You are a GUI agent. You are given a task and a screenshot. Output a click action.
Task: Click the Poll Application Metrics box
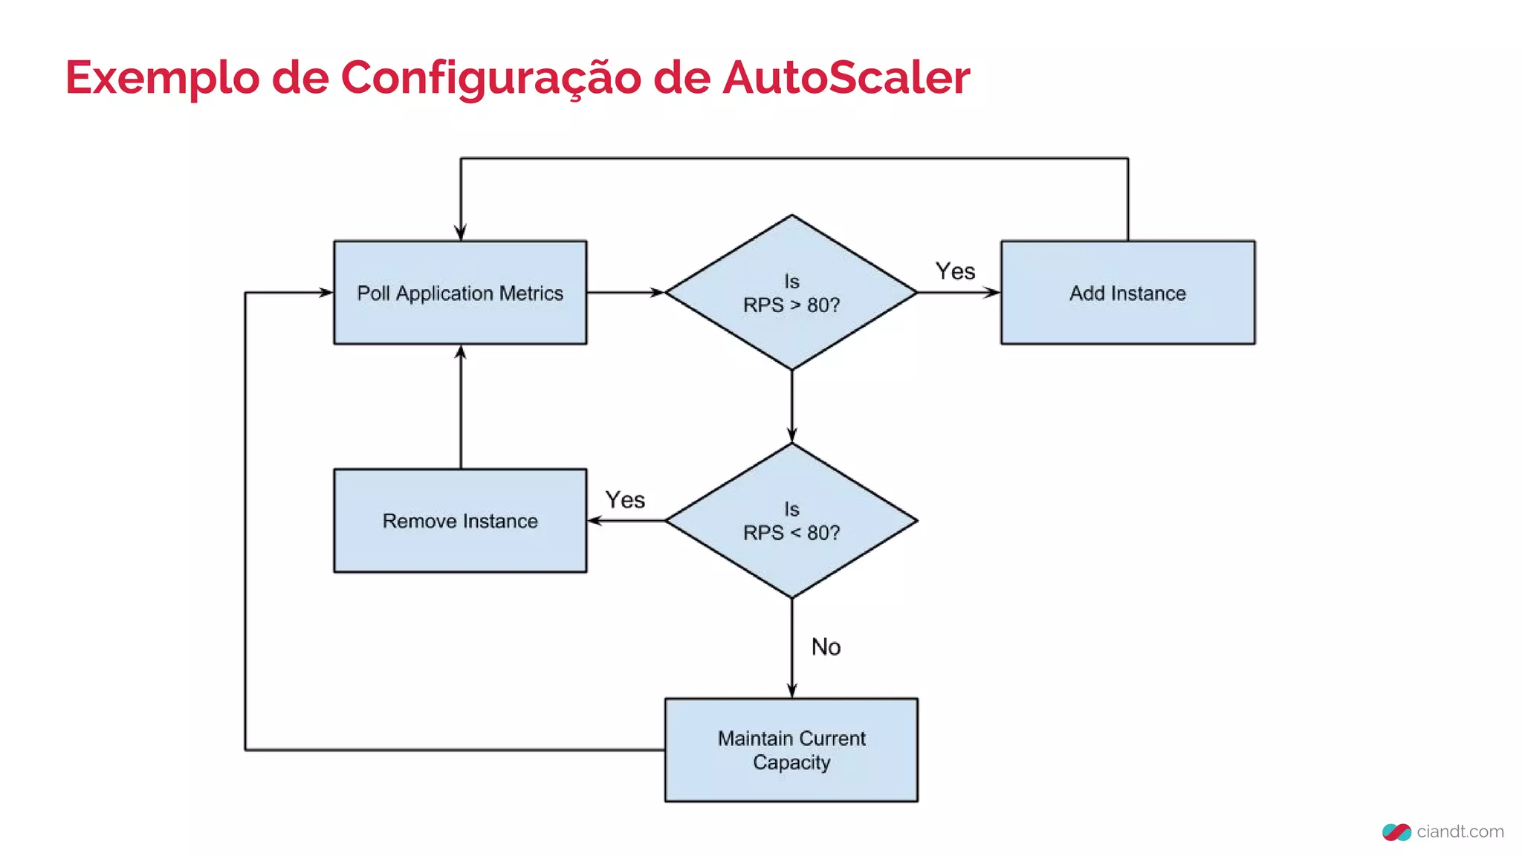tap(460, 293)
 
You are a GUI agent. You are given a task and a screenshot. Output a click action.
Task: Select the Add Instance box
tap(1127, 293)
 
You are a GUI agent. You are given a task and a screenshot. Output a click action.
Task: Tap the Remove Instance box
tap(460, 520)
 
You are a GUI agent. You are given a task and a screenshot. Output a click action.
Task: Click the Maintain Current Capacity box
tap(791, 750)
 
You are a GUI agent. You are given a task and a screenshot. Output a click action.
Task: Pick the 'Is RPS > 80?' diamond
tap(791, 293)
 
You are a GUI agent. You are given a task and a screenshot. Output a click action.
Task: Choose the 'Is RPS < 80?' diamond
tap(791, 520)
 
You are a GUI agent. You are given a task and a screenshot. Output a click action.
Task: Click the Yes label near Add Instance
tap(955, 271)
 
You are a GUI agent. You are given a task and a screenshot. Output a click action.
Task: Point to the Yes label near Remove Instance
tap(625, 499)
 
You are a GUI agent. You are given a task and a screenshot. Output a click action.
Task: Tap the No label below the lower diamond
tap(826, 646)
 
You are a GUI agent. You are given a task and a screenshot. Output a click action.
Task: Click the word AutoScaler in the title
tap(846, 77)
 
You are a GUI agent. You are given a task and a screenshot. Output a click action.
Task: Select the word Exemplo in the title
tap(162, 77)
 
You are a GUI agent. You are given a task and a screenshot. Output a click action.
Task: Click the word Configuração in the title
tap(490, 77)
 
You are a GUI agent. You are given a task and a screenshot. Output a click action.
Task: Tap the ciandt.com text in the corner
tap(1460, 831)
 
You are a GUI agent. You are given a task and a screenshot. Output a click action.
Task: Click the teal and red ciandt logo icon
tap(1396, 832)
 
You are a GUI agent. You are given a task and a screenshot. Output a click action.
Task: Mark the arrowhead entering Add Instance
tap(993, 293)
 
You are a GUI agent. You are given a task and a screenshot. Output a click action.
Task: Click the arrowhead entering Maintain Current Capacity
tap(791, 690)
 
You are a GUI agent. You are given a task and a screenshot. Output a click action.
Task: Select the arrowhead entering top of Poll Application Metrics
tap(461, 233)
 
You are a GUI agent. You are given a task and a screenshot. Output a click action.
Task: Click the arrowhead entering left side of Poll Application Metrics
tap(326, 293)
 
